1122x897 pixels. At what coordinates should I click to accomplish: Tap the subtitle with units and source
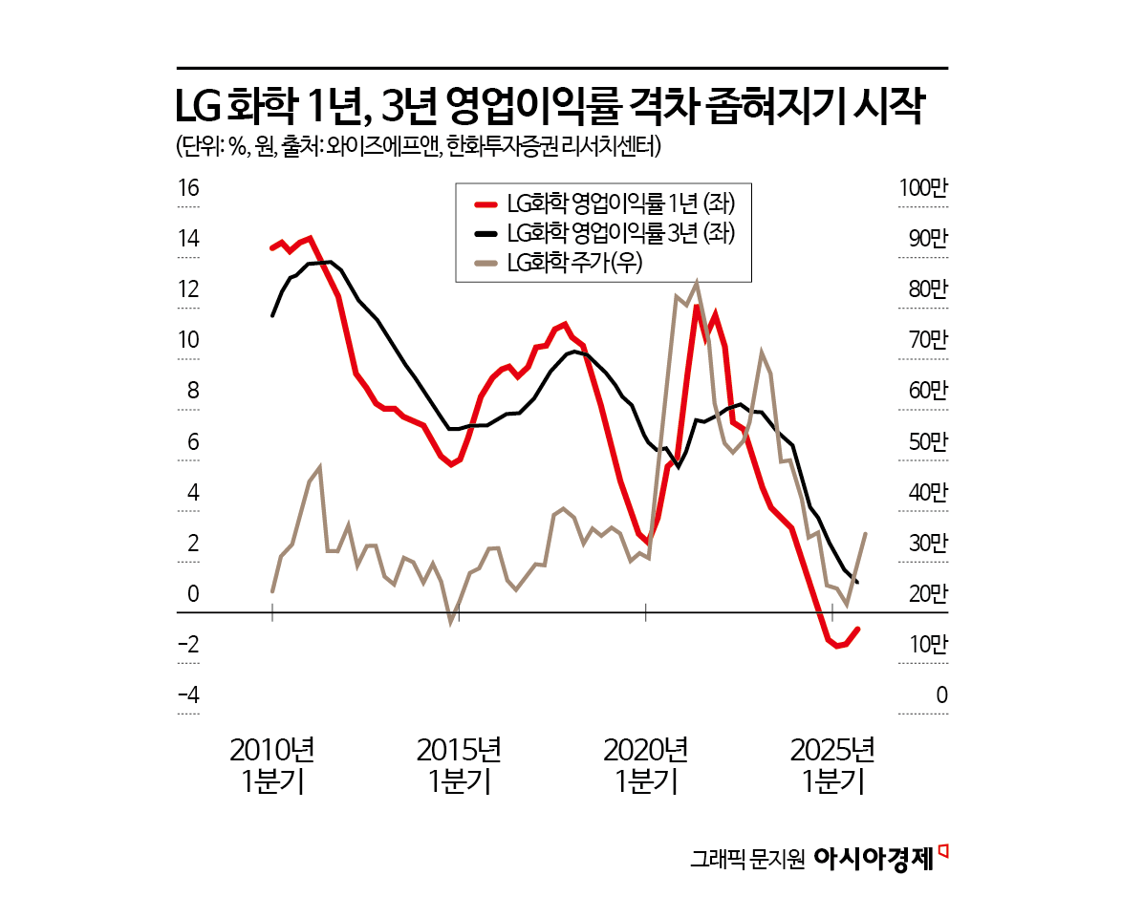coord(419,147)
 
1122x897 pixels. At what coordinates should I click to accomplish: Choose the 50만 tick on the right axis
coord(926,442)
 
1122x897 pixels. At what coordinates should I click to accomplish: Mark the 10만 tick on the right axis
coord(926,645)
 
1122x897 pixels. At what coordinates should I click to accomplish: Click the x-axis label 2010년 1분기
coord(273,765)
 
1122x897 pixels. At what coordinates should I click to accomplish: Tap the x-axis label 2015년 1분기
coord(460,765)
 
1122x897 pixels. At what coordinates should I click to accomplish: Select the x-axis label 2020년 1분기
coord(647,765)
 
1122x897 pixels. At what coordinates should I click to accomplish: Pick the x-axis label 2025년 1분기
coord(834,765)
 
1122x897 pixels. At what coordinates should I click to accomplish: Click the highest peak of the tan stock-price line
coord(696,283)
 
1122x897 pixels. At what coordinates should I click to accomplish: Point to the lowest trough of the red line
coord(837,647)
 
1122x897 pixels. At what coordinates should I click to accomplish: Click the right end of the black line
coord(857,582)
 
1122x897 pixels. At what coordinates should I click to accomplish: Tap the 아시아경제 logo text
coord(873,857)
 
